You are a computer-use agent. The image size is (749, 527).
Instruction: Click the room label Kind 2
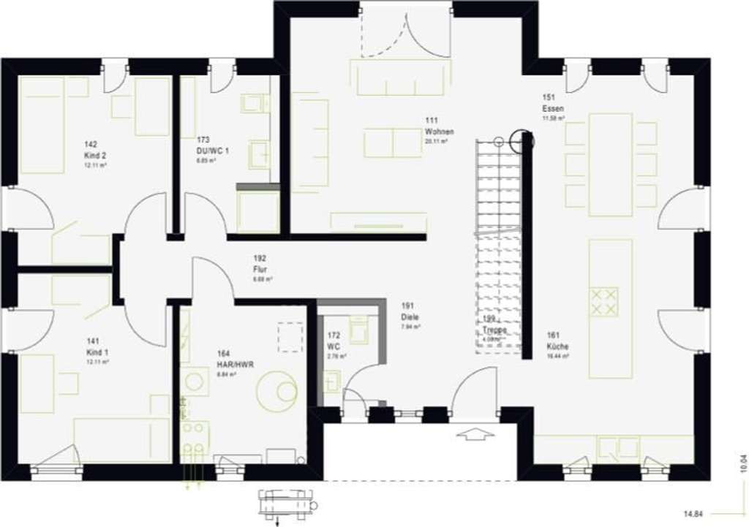click(x=91, y=155)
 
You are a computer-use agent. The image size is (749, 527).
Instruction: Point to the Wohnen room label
click(x=439, y=132)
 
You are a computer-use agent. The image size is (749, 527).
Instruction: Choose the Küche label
click(x=557, y=346)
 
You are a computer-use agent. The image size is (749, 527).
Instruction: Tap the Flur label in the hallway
click(x=261, y=268)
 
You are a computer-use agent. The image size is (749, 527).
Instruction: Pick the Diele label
click(x=410, y=316)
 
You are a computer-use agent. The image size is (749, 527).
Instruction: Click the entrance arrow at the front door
click(x=475, y=435)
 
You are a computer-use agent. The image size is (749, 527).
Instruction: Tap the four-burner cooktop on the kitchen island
click(x=604, y=301)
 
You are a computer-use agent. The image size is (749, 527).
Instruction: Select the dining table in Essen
click(x=610, y=164)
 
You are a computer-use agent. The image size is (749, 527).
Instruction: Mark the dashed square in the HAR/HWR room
click(x=290, y=337)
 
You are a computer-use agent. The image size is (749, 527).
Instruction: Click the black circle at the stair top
click(x=523, y=139)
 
